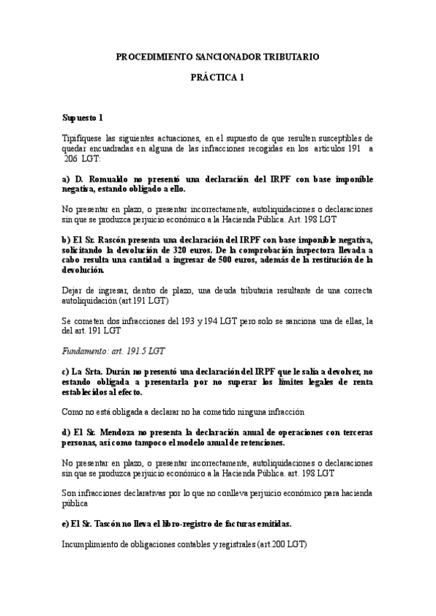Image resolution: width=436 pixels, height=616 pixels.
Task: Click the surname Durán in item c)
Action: (x=116, y=371)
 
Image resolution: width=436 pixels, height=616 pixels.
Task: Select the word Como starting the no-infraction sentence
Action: (x=74, y=412)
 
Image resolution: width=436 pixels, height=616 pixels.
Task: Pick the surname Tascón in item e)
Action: (x=106, y=524)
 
